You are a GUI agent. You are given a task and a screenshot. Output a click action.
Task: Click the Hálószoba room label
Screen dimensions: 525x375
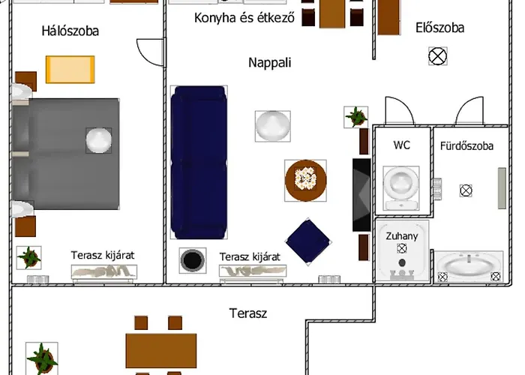pos(70,31)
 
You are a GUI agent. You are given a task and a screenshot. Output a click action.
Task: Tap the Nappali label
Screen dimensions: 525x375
pos(270,62)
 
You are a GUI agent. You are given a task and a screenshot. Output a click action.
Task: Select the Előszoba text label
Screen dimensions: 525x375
pos(440,28)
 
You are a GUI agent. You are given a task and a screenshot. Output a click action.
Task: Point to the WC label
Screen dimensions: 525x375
pos(402,145)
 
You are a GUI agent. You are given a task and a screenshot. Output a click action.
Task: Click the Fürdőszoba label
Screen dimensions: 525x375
pos(466,146)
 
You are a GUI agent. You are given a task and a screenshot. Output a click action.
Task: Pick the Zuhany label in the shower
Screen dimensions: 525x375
pos(402,236)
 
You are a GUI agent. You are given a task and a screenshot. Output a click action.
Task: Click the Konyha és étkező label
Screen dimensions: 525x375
pos(244,18)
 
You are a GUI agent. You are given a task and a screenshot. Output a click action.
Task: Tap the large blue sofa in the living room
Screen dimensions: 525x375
pos(199,163)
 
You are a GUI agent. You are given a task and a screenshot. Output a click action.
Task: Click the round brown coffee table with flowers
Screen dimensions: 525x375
pos(306,181)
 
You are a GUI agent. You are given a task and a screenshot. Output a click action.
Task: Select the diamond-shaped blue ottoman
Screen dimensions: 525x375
pos(308,241)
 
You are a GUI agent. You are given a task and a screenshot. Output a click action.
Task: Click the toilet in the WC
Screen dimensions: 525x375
pos(401,188)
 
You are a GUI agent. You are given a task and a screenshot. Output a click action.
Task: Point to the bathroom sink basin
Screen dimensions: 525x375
pos(469,265)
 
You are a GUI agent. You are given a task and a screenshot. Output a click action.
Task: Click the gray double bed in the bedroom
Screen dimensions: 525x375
pos(66,154)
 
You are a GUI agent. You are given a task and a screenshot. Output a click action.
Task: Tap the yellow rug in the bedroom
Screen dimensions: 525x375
pos(70,70)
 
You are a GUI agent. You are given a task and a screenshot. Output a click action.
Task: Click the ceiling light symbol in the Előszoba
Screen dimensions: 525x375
pos(438,56)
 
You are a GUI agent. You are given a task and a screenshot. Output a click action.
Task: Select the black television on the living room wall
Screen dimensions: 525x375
pos(361,195)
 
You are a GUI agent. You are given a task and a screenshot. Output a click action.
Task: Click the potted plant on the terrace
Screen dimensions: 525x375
pos(42,358)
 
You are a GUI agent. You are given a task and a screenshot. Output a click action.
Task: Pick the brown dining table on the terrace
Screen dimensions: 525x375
pos(161,350)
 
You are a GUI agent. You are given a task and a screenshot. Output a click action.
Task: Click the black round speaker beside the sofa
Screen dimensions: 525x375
pos(193,260)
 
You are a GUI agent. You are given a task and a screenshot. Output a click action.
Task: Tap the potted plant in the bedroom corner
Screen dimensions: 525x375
pos(29,258)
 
